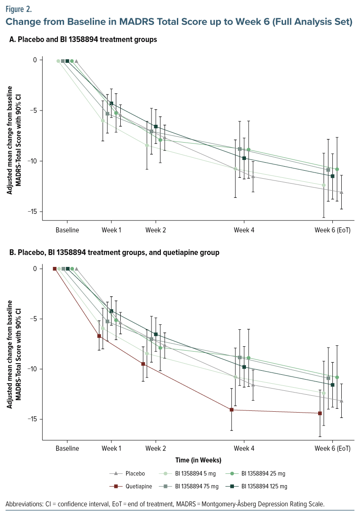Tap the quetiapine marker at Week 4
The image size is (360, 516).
(232, 410)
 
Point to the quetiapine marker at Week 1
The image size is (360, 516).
(99, 336)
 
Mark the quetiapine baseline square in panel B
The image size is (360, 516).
(54, 269)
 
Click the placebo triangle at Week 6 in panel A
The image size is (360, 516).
(341, 192)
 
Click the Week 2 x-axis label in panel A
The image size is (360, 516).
(155, 230)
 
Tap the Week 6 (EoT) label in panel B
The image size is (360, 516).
(332, 449)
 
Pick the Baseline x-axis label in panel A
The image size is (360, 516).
(67, 230)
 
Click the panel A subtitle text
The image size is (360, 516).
(83, 40)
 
